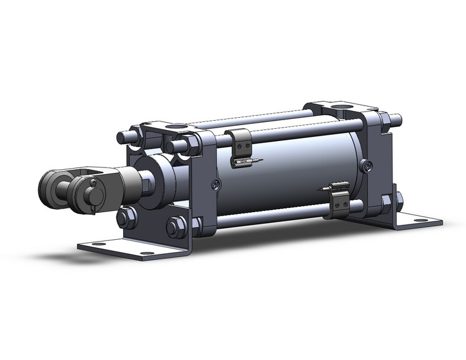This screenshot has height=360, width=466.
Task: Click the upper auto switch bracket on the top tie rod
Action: [x=240, y=140]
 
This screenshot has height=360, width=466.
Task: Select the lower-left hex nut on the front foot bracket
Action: [x=126, y=217]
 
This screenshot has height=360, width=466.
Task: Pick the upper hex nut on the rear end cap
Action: [x=386, y=123]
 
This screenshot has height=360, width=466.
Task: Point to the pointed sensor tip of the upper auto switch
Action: [x=260, y=161]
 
